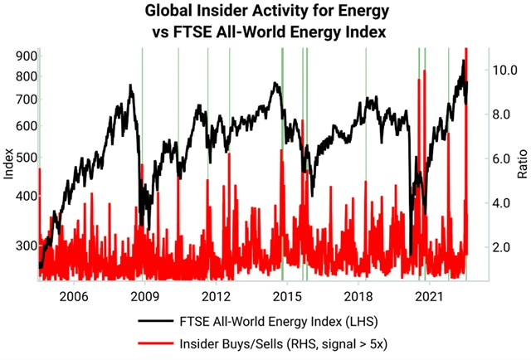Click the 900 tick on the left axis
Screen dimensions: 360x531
pyautogui.click(x=20, y=56)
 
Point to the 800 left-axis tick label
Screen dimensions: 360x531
pyautogui.click(x=20, y=76)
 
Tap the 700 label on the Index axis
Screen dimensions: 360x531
pyautogui.click(x=20, y=100)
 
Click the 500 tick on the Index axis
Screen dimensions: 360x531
pyautogui.click(x=20, y=158)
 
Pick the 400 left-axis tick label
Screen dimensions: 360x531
pyautogui.click(x=20, y=197)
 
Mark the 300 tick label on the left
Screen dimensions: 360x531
pyautogui.click(x=20, y=246)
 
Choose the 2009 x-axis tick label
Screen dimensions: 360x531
pyautogui.click(x=144, y=296)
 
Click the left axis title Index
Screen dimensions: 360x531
pyautogui.click(x=9, y=166)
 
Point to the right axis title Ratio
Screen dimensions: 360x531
pyautogui.click(x=522, y=166)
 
